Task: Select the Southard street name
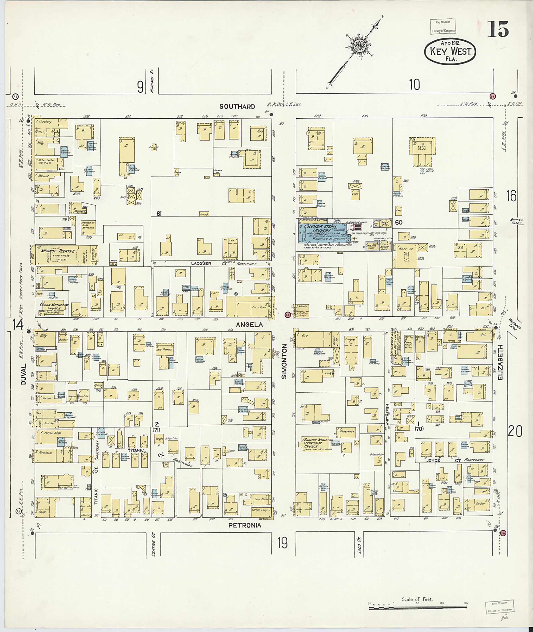tap(237, 106)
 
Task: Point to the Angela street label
tap(249, 324)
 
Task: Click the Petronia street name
tap(244, 525)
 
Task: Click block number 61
tap(160, 214)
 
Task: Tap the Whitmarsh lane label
tap(387, 414)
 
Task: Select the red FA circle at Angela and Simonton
tap(287, 315)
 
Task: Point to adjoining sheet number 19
tap(283, 544)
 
